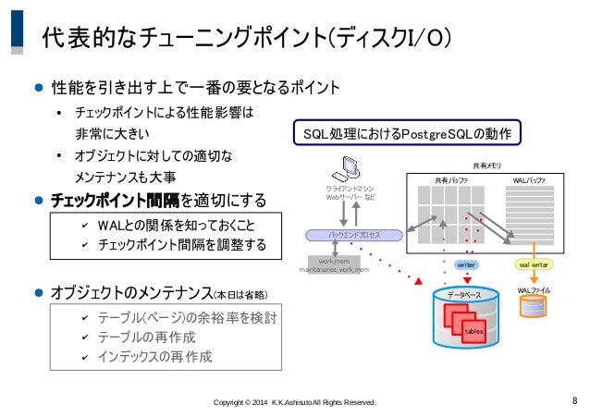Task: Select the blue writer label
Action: (x=466, y=264)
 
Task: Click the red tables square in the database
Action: (x=473, y=330)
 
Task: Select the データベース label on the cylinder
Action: (x=465, y=294)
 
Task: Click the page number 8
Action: (x=574, y=400)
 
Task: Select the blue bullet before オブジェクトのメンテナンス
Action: (x=39, y=294)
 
